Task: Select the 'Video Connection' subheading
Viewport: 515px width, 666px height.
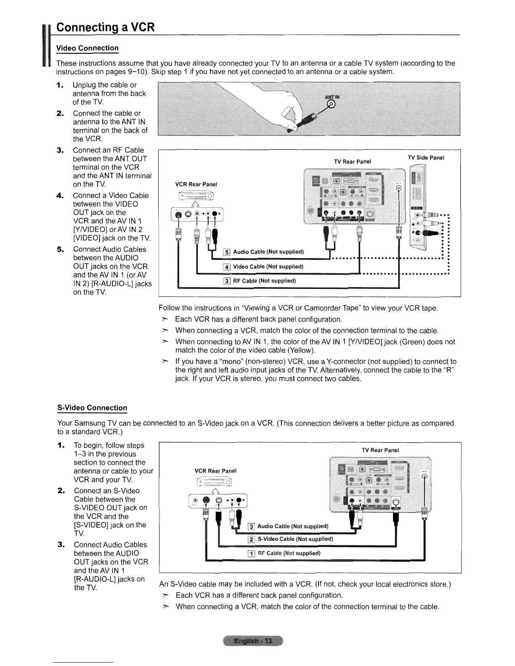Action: (x=88, y=48)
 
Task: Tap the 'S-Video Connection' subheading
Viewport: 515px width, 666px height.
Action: (x=92, y=408)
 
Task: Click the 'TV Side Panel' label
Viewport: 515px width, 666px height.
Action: (x=426, y=158)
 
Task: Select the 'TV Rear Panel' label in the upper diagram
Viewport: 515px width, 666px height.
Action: (x=352, y=162)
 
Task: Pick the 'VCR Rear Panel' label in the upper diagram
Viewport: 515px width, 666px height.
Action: (x=196, y=184)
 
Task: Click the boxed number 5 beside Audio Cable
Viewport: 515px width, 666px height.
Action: (x=227, y=252)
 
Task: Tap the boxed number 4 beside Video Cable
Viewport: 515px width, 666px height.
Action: (x=227, y=267)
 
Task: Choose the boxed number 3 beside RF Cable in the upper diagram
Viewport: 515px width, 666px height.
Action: (x=227, y=281)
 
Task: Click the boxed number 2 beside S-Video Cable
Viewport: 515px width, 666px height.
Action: (x=251, y=539)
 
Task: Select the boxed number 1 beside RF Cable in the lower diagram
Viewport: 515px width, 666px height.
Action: (x=251, y=553)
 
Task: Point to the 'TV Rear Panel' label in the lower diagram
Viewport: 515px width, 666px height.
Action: (x=380, y=450)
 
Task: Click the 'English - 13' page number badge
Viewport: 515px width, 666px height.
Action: (x=253, y=641)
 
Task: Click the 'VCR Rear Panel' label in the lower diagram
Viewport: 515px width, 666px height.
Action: (x=215, y=470)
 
